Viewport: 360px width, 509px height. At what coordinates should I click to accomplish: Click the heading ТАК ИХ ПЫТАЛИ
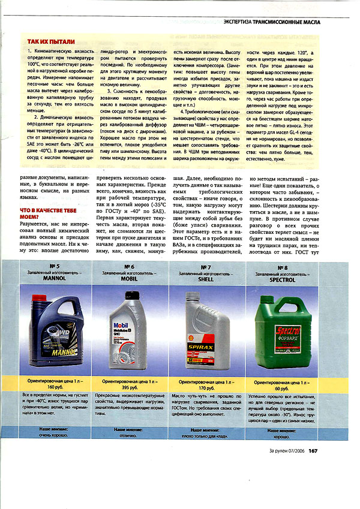[x=51, y=42]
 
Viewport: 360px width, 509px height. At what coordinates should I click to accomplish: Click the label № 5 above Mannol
[x=53, y=266]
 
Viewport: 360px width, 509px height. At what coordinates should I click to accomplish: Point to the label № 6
[x=129, y=266]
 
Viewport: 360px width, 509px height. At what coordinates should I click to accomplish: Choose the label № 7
[x=205, y=266]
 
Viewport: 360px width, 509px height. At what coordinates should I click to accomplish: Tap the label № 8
[x=283, y=266]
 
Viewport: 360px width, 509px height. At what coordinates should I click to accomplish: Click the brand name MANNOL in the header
[x=53, y=279]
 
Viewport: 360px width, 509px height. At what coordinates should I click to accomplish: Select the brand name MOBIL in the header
[x=129, y=279]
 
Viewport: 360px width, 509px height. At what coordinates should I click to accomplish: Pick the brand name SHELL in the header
[x=205, y=279]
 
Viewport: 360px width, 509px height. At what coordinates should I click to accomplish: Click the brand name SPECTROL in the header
[x=283, y=279]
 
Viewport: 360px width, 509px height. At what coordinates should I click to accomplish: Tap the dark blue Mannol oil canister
[x=53, y=330]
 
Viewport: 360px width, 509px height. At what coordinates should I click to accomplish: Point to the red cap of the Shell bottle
[x=192, y=296]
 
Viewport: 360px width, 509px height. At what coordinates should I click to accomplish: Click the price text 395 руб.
[x=130, y=388]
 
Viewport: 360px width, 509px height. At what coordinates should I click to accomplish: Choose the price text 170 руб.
[x=206, y=388]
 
